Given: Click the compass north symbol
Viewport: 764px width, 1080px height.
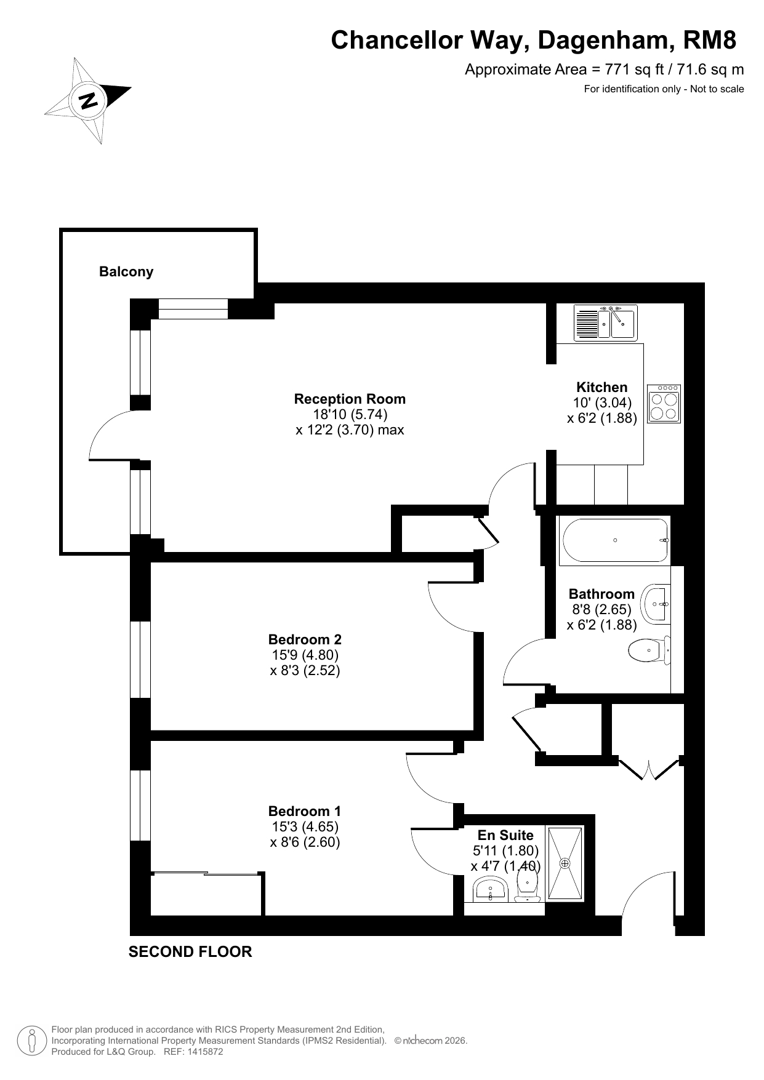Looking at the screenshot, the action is coord(88,100).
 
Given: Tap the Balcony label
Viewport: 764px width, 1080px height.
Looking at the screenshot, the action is coord(126,271).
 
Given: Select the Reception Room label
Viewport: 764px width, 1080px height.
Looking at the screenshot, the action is coord(350,399).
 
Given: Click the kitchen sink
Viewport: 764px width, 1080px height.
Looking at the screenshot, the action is coord(607,323).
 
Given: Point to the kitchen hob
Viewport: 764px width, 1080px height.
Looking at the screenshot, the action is coord(664,404).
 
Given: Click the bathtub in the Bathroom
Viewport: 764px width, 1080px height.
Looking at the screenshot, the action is coord(614,541).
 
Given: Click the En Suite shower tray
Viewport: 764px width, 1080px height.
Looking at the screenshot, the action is coord(565,863).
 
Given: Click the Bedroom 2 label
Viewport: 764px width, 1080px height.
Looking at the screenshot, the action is coord(305,639).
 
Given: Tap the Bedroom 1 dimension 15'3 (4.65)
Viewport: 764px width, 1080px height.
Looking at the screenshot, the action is coord(305,827).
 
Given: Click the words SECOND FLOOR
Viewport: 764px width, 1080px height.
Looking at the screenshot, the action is coord(190,952).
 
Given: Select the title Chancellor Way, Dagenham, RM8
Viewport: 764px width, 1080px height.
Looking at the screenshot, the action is coord(534,40).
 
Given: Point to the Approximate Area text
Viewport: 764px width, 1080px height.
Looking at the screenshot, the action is coord(604,70).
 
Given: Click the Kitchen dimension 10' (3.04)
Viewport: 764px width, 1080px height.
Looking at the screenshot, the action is coord(602,402).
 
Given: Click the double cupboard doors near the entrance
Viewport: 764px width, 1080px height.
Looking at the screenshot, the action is coord(650,769).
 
